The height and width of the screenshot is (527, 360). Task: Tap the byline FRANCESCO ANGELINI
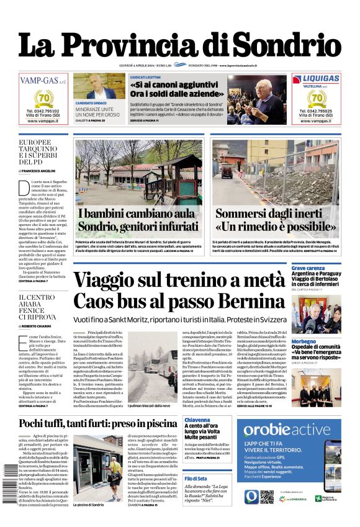pyautogui.click(x=41, y=170)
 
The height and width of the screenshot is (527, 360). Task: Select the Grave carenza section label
pyautogui.click(x=308, y=268)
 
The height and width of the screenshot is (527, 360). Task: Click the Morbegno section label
pyautogui.click(x=304, y=341)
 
